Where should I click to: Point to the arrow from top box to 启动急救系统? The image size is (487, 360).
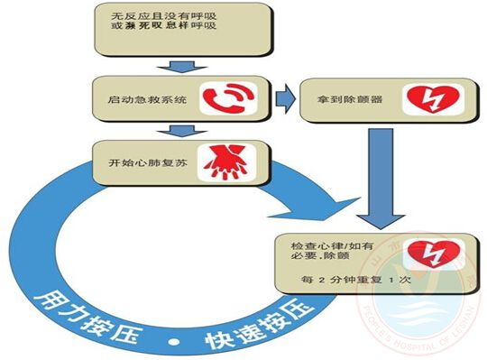point(183,67)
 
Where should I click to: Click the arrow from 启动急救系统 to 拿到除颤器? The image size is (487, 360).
point(288,99)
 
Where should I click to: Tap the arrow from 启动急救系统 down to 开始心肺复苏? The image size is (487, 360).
point(183,131)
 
